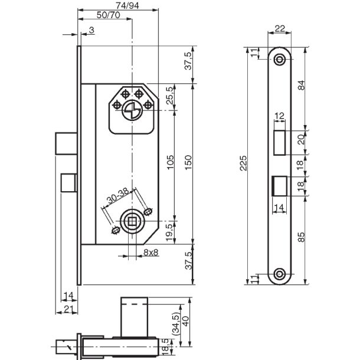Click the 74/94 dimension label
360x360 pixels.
127,5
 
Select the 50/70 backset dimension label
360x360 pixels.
109,15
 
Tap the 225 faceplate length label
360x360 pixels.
243,163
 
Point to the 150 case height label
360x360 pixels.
188,162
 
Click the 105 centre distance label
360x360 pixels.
171,162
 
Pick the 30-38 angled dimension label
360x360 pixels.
118,197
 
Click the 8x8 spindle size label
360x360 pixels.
151,253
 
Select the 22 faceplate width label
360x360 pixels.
280,29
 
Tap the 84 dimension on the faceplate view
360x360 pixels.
301,85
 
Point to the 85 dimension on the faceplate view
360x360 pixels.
301,237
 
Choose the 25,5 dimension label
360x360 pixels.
170,96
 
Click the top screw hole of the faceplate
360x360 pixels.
280,60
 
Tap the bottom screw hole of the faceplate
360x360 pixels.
280,274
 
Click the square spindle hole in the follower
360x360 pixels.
132,221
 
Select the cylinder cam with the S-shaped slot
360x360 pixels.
132,111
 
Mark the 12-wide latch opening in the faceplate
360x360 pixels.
280,143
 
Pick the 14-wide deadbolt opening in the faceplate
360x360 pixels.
279,186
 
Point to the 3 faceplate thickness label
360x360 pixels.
91,30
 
